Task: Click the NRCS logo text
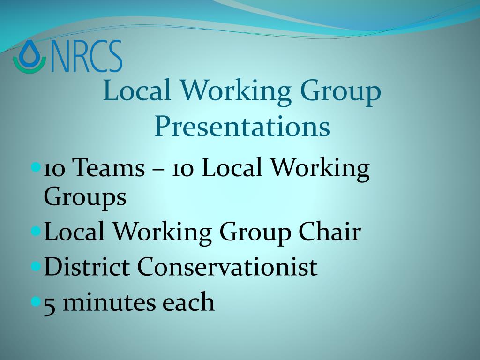[86, 56]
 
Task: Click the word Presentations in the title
[242, 127]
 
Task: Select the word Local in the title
[137, 90]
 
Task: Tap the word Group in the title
[340, 93]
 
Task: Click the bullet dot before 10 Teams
[36, 167]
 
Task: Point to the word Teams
[109, 167]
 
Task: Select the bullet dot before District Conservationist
[36, 266]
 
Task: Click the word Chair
[330, 231]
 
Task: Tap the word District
[87, 266]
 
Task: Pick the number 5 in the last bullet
[50, 303]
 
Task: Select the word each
[188, 301]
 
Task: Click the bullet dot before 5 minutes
[36, 301]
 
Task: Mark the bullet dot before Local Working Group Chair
[36, 231]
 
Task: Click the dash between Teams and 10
[158, 169]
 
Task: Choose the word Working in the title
[235, 93]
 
